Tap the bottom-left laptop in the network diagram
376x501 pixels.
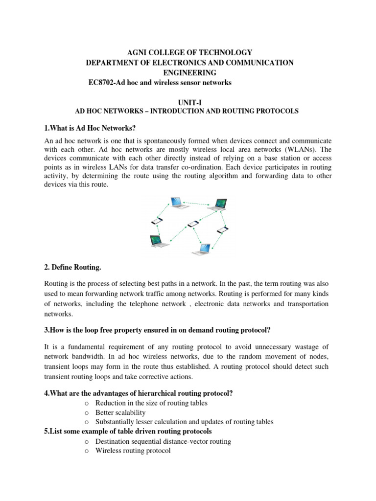[157, 240]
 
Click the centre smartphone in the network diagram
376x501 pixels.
[193, 224]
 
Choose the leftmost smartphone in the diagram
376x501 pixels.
[157, 222]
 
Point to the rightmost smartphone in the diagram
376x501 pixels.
[222, 229]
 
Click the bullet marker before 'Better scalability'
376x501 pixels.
[86, 412]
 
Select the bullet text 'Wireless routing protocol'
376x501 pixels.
[133, 451]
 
